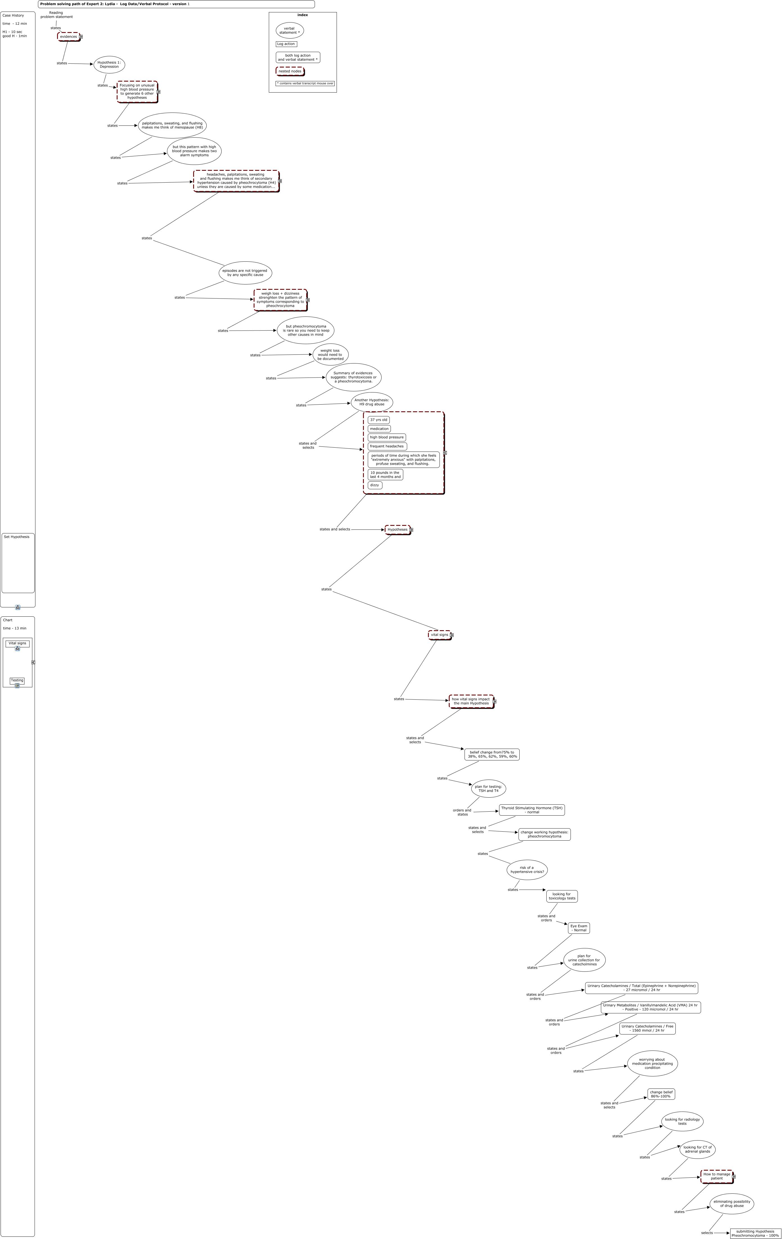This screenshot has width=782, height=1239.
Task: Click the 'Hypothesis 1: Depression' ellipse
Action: point(109,64)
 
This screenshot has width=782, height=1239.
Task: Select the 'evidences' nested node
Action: point(68,37)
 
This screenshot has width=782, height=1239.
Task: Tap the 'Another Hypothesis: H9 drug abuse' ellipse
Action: point(372,402)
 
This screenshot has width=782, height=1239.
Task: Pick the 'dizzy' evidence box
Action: point(375,485)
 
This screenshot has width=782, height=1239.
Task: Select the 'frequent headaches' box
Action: point(387,446)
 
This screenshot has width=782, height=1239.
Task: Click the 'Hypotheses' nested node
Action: point(397,529)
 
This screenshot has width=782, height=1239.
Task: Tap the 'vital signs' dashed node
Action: point(440,635)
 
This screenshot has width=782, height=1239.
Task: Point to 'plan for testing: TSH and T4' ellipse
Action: point(488,789)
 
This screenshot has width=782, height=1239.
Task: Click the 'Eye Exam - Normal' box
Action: point(579,928)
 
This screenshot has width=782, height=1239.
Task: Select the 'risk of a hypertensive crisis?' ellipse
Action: point(527,870)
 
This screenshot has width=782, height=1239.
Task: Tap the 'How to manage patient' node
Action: point(717,1176)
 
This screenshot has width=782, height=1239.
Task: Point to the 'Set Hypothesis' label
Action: point(17,537)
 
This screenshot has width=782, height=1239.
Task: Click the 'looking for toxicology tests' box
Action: point(562,896)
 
